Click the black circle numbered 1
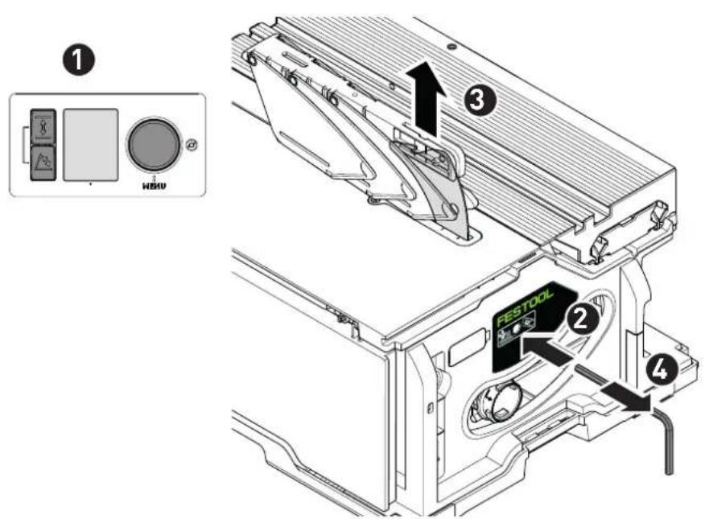click(79, 60)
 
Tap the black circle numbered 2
click(581, 319)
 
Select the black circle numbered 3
click(480, 101)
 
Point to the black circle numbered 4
click(660, 370)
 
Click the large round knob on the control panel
click(154, 145)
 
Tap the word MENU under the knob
click(154, 185)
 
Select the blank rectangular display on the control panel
click(91, 145)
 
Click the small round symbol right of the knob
click(192, 145)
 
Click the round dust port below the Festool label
click(496, 402)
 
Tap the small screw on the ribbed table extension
click(450, 46)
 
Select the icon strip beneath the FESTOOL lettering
click(517, 333)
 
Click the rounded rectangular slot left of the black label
click(468, 348)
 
